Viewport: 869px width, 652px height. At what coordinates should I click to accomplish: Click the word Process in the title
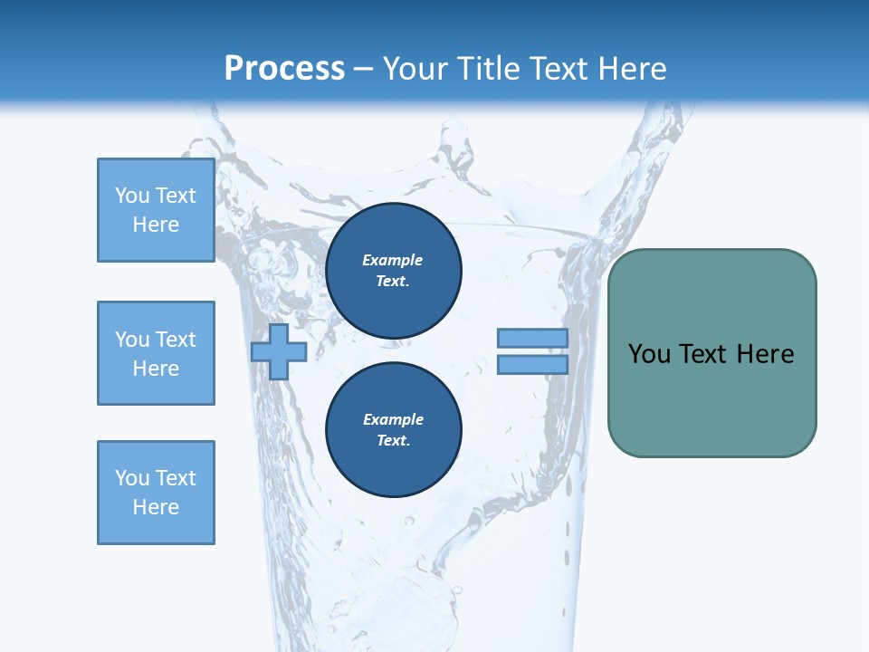[284, 68]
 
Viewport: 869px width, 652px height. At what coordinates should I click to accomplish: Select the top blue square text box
[156, 210]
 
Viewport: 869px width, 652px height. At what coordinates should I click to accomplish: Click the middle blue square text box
[156, 353]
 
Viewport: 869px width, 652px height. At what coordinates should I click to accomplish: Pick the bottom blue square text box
[156, 493]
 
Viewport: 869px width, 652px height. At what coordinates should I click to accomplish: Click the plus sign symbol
[279, 351]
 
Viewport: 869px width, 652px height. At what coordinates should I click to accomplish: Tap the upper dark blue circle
[393, 271]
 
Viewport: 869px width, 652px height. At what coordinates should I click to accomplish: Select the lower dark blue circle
[393, 430]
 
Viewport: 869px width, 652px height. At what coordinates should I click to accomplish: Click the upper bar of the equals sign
[532, 338]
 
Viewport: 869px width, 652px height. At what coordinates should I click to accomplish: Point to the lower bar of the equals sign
[532, 365]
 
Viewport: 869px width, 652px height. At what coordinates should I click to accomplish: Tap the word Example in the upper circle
[392, 260]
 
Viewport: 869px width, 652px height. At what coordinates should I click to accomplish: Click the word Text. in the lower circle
[393, 441]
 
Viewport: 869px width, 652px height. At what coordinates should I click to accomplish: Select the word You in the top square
[131, 196]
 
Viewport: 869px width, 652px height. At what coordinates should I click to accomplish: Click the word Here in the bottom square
[156, 507]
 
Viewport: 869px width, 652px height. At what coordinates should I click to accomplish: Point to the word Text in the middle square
[176, 340]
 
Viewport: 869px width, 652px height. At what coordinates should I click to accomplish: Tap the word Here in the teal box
[765, 354]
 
